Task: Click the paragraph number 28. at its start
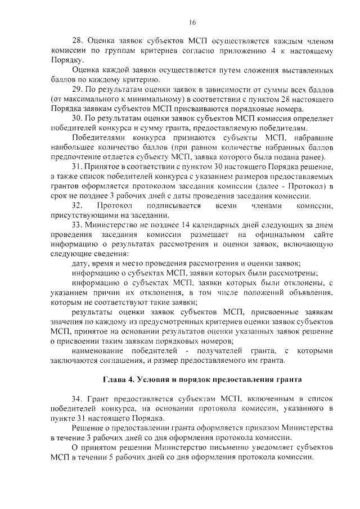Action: pos(79,41)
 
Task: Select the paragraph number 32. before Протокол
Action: pos(79,206)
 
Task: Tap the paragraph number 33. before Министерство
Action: pos(79,224)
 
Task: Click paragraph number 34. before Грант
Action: pos(79,399)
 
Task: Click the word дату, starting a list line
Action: pos(82,264)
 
